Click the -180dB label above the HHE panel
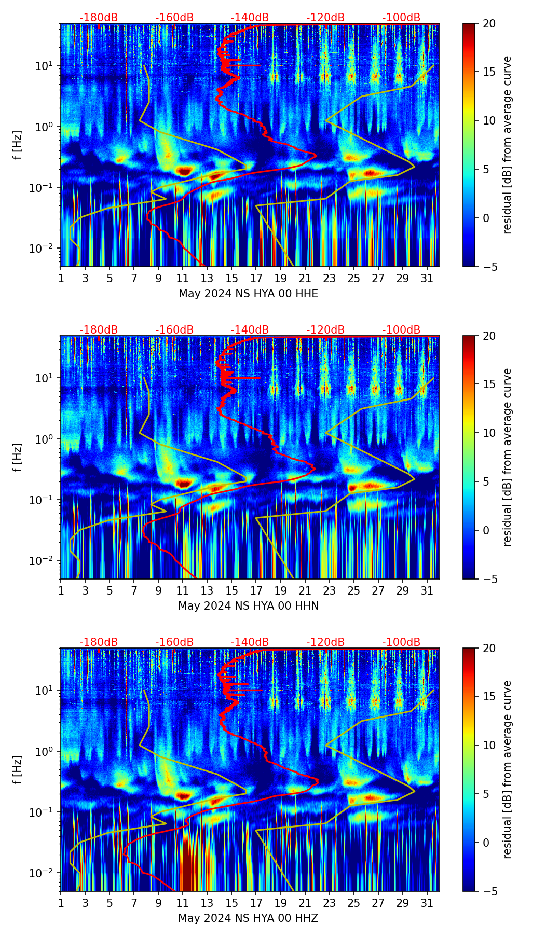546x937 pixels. [x=99, y=18]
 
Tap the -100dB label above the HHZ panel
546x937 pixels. [x=401, y=642]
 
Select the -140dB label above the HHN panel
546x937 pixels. [x=250, y=330]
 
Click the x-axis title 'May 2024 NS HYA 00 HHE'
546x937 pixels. [x=248, y=294]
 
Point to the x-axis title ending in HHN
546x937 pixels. [x=248, y=606]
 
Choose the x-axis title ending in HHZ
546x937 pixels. [x=248, y=918]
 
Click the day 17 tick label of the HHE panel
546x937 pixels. [x=256, y=278]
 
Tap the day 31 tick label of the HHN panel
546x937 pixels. [x=427, y=590]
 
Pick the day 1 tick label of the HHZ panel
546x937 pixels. [x=61, y=903]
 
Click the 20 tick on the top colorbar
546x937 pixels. [x=489, y=24]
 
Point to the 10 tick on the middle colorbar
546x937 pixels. [x=489, y=433]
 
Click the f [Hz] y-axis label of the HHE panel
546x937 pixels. [x=18, y=145]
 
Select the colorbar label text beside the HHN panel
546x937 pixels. [x=507, y=457]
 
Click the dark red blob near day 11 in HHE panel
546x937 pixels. [x=184, y=170]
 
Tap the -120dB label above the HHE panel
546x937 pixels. [x=325, y=18]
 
